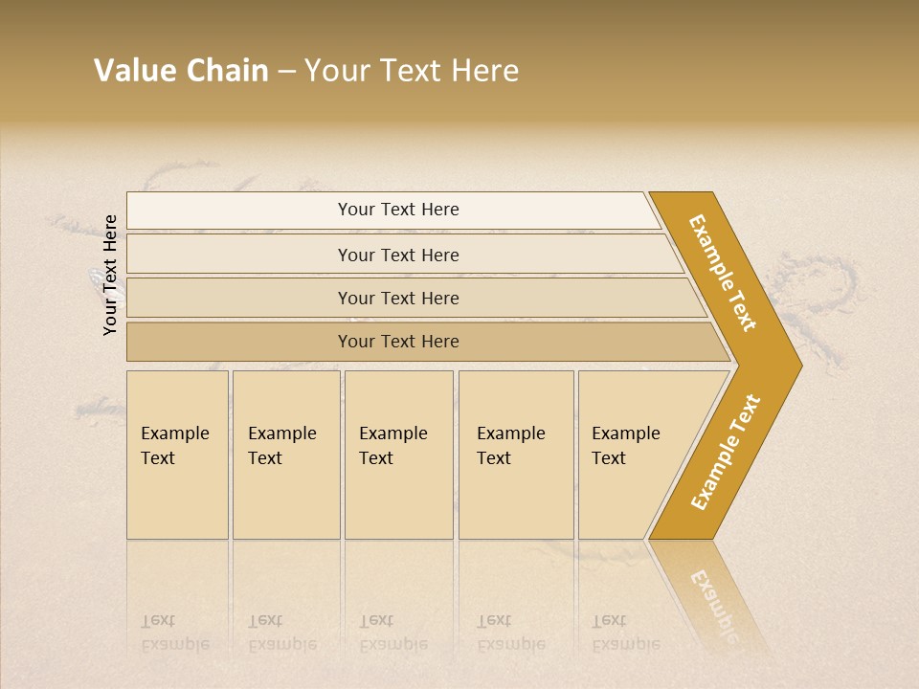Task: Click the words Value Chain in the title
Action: click(x=181, y=71)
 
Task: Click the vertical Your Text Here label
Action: click(x=110, y=275)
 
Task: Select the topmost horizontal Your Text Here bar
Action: click(x=287, y=211)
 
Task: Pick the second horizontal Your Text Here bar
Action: click(x=287, y=255)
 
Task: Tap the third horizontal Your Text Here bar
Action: click(x=287, y=298)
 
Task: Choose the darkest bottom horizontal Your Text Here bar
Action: click(x=287, y=342)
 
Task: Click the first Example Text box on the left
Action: click(x=177, y=455)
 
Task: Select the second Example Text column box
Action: click(x=285, y=455)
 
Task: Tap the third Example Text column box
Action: click(x=398, y=455)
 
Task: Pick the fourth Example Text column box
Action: click(x=516, y=455)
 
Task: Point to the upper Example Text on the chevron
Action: click(x=723, y=273)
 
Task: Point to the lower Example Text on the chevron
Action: click(x=726, y=452)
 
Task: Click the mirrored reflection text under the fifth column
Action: click(x=625, y=633)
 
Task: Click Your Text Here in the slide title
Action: click(x=412, y=71)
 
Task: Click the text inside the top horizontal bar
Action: click(x=398, y=210)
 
